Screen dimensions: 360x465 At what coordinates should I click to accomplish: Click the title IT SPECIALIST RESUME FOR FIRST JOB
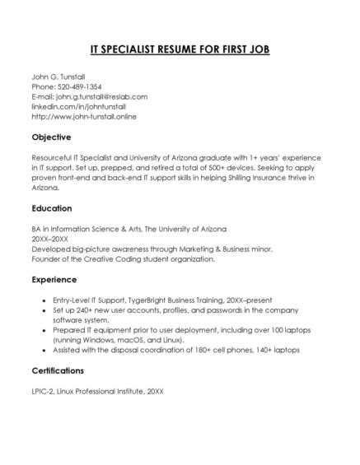[x=180, y=49]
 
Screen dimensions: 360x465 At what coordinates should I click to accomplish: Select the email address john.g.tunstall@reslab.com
[x=101, y=96]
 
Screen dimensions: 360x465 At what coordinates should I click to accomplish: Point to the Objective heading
[x=51, y=137]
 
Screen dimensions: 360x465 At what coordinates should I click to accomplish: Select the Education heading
[x=52, y=208]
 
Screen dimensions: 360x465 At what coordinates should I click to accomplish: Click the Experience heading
[x=54, y=280]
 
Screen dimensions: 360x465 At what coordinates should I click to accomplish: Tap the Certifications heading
[x=61, y=370]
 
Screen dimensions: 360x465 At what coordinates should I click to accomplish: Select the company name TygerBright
[x=150, y=300]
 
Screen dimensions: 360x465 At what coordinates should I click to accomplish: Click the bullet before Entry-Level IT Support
[x=43, y=300]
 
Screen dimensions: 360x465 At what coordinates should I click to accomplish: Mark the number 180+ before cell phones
[x=217, y=350]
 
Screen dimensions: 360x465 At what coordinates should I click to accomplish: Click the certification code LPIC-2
[x=44, y=391]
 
